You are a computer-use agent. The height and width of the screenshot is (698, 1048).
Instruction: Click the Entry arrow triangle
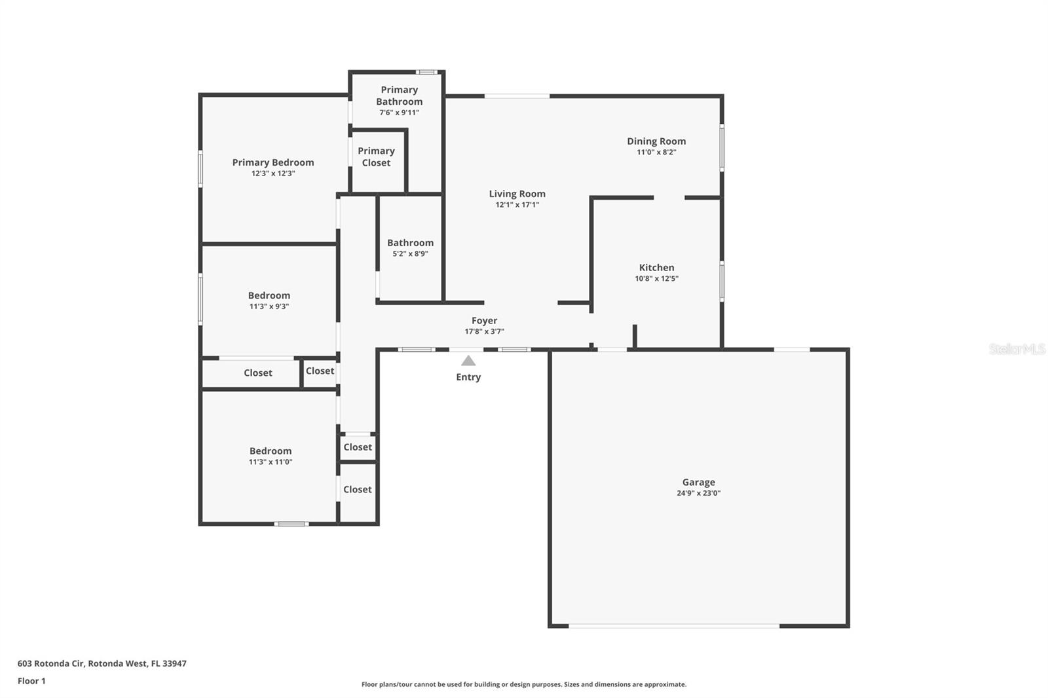[468, 361]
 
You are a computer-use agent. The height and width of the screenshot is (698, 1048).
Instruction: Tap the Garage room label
[698, 482]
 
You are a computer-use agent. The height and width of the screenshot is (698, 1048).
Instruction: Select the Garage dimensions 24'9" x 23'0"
[698, 494]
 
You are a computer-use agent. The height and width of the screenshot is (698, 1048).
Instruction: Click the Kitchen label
[656, 267]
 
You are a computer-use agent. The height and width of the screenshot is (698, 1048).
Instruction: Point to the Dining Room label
[656, 141]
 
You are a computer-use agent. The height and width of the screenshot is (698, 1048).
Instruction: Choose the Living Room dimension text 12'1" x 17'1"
[517, 205]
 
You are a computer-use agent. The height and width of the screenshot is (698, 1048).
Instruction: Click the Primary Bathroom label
[399, 96]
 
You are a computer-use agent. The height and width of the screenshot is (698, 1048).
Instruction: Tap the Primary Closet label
[376, 156]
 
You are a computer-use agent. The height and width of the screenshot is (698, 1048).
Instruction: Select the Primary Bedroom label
[273, 162]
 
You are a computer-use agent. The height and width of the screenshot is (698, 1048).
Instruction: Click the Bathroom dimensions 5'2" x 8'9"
[410, 254]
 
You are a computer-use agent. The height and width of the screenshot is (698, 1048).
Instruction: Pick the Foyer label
[484, 320]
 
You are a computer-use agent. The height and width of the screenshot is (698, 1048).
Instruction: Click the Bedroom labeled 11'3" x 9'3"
[269, 295]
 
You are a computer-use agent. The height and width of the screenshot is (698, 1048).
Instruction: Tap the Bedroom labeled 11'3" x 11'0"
[270, 450]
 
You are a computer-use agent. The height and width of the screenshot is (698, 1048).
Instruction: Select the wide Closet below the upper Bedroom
[257, 373]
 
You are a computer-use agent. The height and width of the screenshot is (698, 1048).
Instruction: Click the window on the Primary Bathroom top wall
[427, 72]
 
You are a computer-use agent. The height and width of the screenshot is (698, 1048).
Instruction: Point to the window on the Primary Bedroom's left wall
[200, 169]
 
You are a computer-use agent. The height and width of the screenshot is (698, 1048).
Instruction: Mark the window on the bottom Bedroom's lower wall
[291, 523]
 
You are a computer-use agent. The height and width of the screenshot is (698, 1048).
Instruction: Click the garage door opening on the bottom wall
[673, 626]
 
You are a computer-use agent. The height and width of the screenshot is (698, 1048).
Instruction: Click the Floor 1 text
[31, 681]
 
